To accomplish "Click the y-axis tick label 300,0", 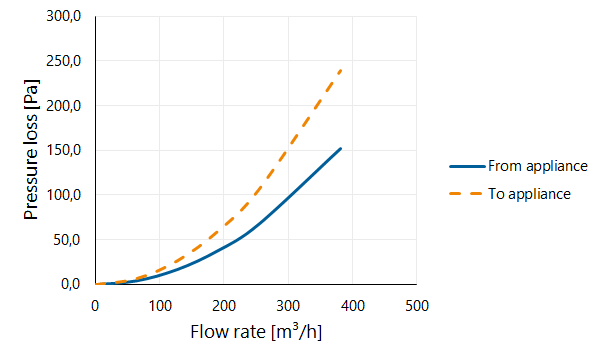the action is pos(64,16).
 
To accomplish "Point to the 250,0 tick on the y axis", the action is pos(64,61).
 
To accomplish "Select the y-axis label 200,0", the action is pos(64,105).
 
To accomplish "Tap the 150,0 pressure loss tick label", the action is pos(64,150).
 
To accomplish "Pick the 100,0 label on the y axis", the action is pos(64,195).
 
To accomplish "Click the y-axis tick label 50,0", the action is pos(67,240).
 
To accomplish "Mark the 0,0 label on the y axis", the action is pos(71,284).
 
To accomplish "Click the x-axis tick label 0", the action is pos(95,306).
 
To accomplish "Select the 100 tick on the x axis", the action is pos(160,306).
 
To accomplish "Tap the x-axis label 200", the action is pos(224,306).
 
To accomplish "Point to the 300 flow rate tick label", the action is pos(288,306).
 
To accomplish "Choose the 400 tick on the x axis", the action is pos(353,306).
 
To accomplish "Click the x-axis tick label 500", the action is pos(417,306).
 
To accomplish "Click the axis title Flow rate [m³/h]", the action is pos(256,331).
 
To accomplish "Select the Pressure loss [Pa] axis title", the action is pos(31,150).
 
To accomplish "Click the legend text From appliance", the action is pos(538,166).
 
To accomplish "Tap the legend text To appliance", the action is pos(529,194).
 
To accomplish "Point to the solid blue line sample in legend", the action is pos(467,166).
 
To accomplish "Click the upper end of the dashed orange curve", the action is pos(341,70).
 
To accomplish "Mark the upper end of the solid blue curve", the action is pos(340,148).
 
